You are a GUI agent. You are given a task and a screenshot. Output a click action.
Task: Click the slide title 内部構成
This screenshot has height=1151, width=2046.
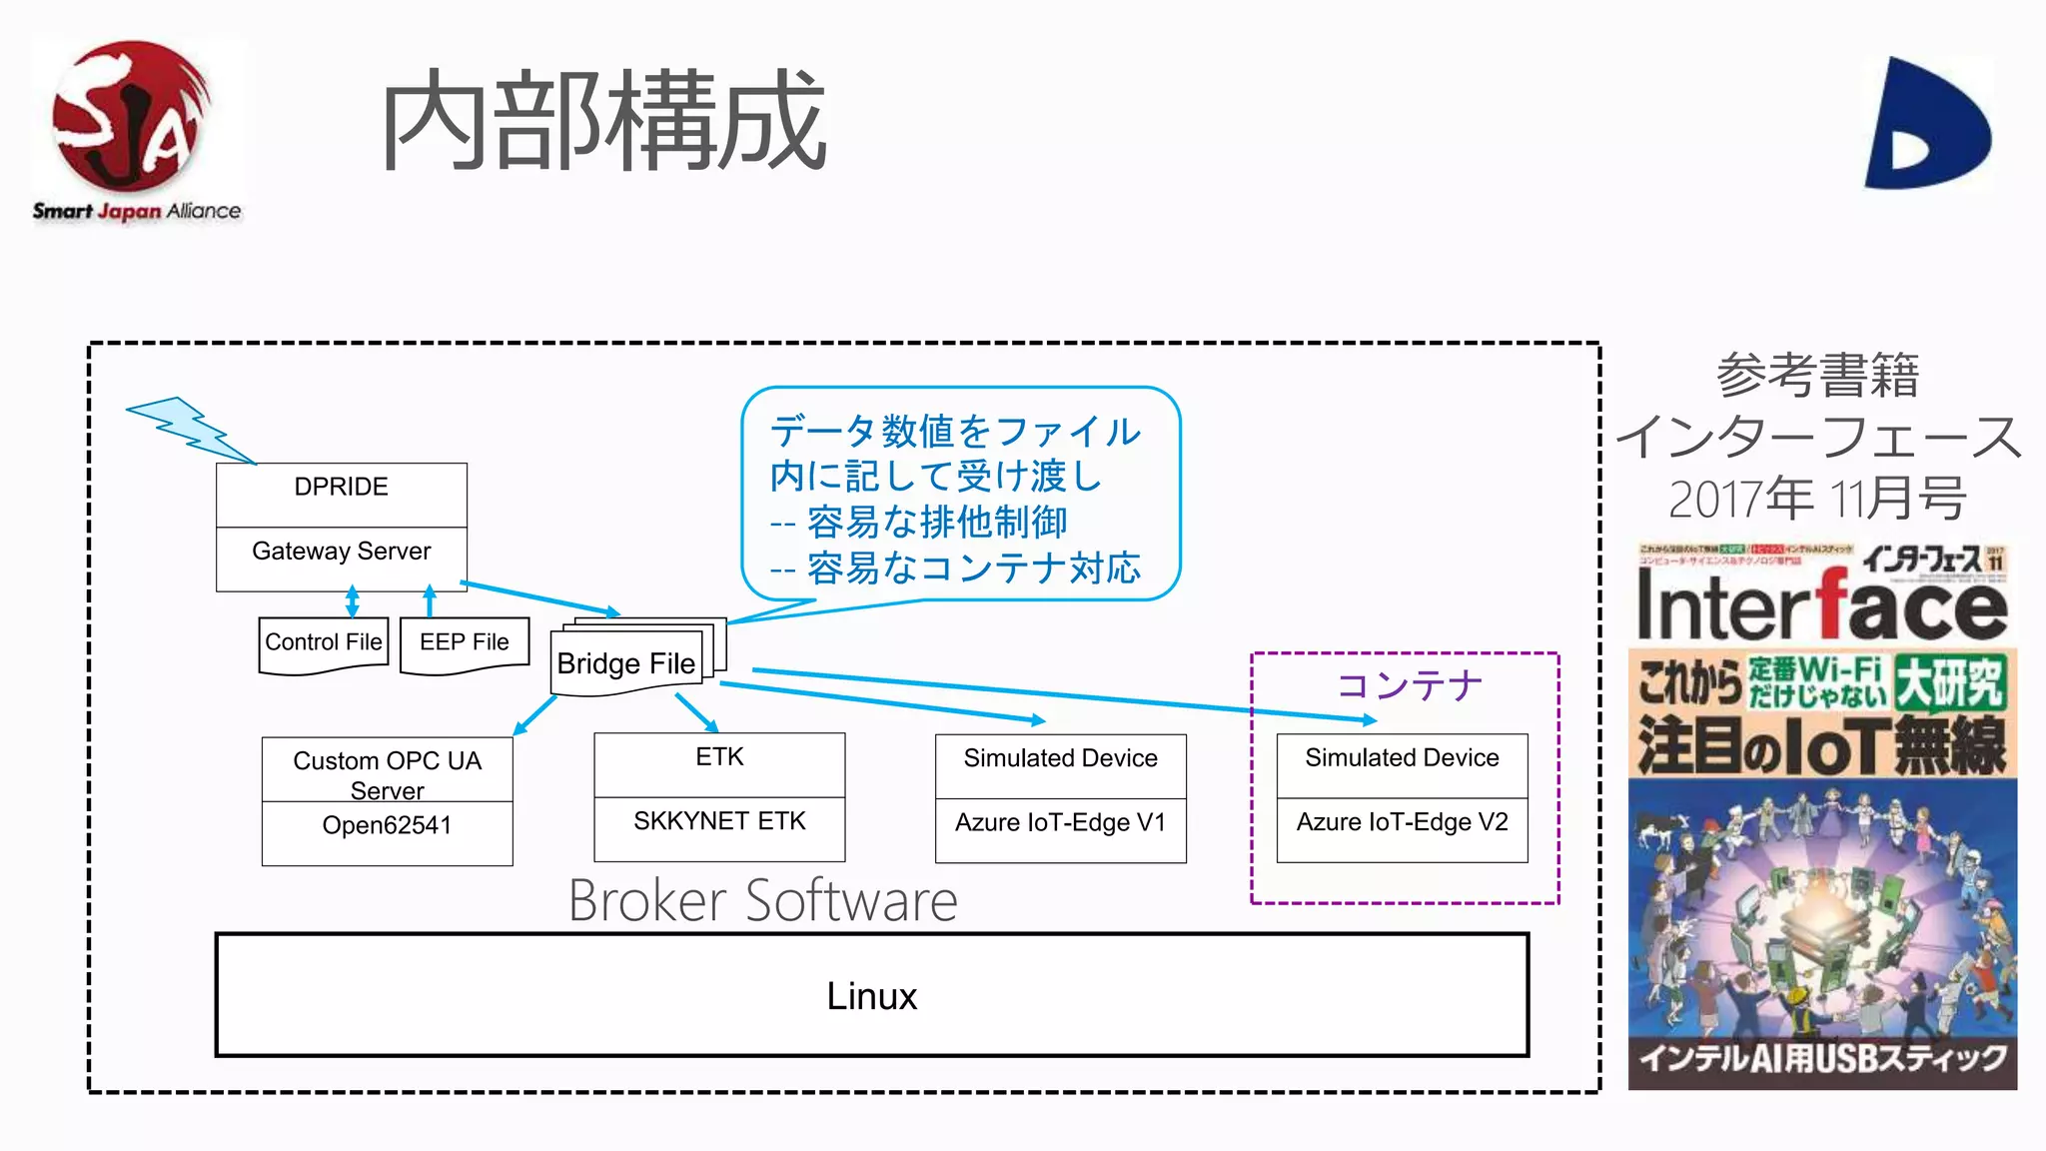[x=602, y=122]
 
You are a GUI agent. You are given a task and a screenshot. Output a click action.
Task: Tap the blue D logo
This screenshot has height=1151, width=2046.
[x=1926, y=125]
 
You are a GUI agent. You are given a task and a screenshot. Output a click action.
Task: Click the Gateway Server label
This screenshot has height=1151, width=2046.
[x=341, y=552]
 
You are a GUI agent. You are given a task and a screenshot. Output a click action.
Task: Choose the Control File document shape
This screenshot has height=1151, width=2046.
[x=323, y=643]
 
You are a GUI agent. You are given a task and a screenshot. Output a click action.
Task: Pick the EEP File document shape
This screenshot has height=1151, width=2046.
[x=464, y=643]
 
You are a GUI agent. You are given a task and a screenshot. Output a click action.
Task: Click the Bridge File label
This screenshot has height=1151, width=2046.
[x=625, y=663]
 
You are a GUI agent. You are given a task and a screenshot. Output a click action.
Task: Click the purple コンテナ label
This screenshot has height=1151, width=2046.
[x=1409, y=685]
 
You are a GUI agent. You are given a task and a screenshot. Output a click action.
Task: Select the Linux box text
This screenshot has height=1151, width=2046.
[x=871, y=996]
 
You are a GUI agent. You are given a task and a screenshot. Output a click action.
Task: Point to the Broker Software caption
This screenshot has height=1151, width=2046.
[x=762, y=901]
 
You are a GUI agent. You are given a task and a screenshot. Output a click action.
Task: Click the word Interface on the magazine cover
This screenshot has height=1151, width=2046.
[x=1820, y=605]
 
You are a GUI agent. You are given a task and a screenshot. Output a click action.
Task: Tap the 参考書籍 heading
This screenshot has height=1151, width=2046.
[x=1817, y=376]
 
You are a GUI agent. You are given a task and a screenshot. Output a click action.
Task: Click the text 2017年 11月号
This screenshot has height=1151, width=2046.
[x=1817, y=498]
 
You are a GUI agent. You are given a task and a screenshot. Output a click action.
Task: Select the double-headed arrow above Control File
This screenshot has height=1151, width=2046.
[x=352, y=601]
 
